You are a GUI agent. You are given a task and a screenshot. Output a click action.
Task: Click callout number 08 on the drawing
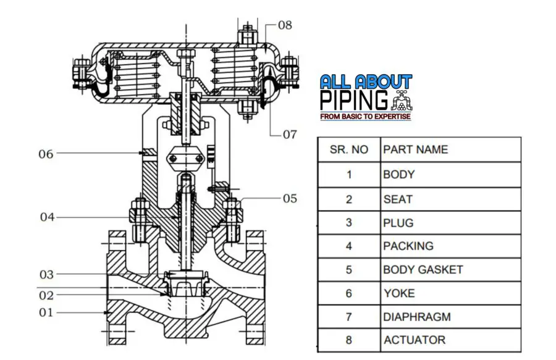pyautogui.click(x=285, y=25)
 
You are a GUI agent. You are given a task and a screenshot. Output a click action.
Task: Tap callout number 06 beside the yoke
pyautogui.click(x=46, y=154)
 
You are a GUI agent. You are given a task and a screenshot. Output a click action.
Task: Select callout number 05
pyautogui.click(x=290, y=198)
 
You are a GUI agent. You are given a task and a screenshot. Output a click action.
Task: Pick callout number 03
pyautogui.click(x=47, y=274)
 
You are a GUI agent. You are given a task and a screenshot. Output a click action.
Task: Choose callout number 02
pyautogui.click(x=47, y=295)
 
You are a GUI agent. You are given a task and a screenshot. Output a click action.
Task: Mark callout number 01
pyautogui.click(x=47, y=312)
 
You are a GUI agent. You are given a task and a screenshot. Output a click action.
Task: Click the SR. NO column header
pyautogui.click(x=348, y=149)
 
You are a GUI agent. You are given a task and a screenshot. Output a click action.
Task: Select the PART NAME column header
pyautogui.click(x=415, y=149)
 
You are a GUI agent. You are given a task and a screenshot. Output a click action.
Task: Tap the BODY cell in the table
pyautogui.click(x=398, y=174)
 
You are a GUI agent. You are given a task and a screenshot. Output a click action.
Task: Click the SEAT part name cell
pyautogui.click(x=397, y=199)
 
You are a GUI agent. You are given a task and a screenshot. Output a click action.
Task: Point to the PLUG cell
pyautogui.click(x=398, y=222)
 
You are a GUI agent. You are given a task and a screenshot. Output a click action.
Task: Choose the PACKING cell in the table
pyautogui.click(x=408, y=246)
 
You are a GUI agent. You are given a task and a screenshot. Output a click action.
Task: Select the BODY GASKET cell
pyautogui.click(x=423, y=269)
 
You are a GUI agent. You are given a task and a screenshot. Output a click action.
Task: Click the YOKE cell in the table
pyautogui.click(x=398, y=293)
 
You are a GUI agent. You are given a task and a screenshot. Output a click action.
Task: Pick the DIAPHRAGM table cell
pyautogui.click(x=416, y=317)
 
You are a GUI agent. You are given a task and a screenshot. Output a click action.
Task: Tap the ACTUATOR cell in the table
pyautogui.click(x=414, y=340)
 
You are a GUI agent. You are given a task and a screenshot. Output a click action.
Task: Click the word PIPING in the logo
pyautogui.click(x=355, y=100)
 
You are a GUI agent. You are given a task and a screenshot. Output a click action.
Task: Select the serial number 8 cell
pyautogui.click(x=348, y=340)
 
